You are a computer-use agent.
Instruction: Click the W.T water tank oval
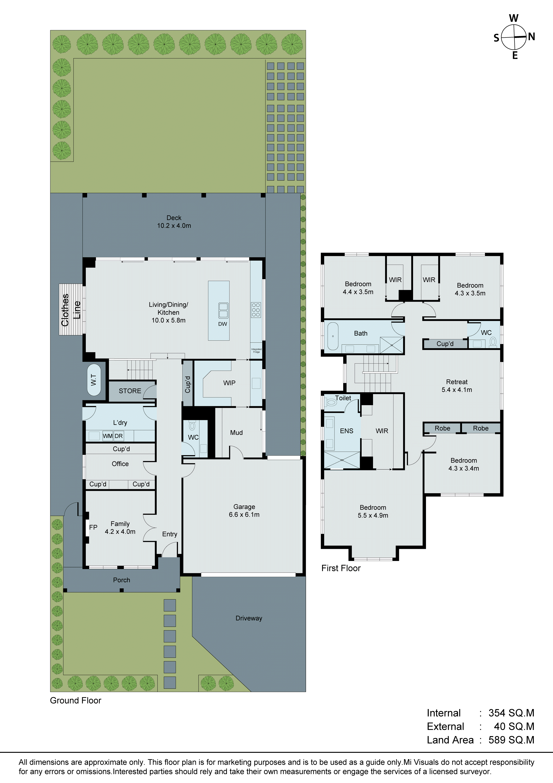(x=94, y=380)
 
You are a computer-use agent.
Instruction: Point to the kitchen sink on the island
(x=223, y=310)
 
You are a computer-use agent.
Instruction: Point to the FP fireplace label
(x=93, y=527)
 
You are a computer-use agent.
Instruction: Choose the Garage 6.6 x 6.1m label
(x=244, y=511)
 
